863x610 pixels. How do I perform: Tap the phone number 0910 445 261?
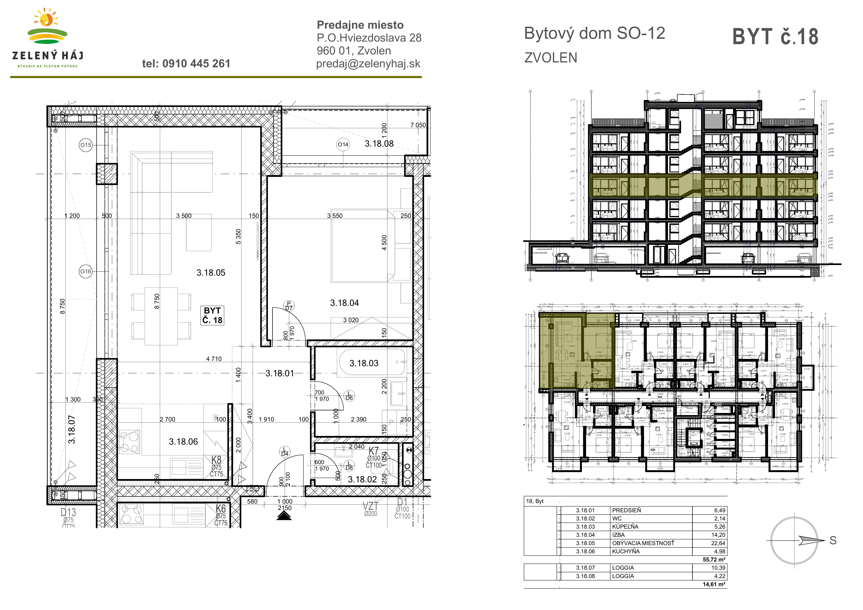click(186, 64)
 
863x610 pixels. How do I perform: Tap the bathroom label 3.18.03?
click(364, 363)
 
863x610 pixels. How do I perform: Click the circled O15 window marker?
click(86, 145)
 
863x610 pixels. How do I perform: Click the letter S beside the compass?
click(833, 540)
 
